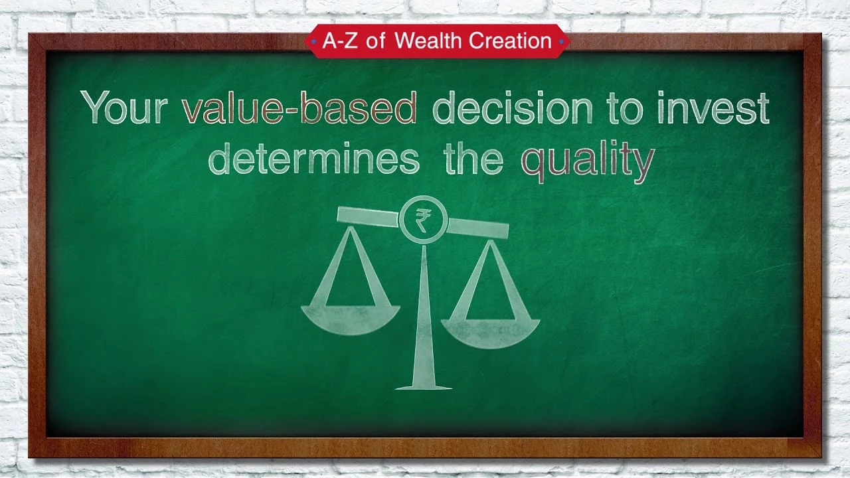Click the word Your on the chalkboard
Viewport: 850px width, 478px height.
pos(124,108)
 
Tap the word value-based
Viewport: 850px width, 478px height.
pos(299,108)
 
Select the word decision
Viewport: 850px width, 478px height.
pos(512,108)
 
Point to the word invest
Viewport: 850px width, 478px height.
pos(713,108)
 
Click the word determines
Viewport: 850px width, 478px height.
pos(314,158)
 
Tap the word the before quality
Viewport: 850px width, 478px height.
pos(473,158)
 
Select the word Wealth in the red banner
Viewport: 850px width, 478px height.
pos(429,40)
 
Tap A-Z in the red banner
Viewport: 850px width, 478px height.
pos(339,40)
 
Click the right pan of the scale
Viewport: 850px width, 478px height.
pos(490,333)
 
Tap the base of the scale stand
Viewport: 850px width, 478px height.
pos(424,387)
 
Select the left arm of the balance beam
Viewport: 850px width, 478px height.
pos(368,216)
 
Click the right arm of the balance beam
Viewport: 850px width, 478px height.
pos(477,228)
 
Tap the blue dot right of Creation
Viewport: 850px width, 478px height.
pos(561,41)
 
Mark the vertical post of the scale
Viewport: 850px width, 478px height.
pos(424,315)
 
